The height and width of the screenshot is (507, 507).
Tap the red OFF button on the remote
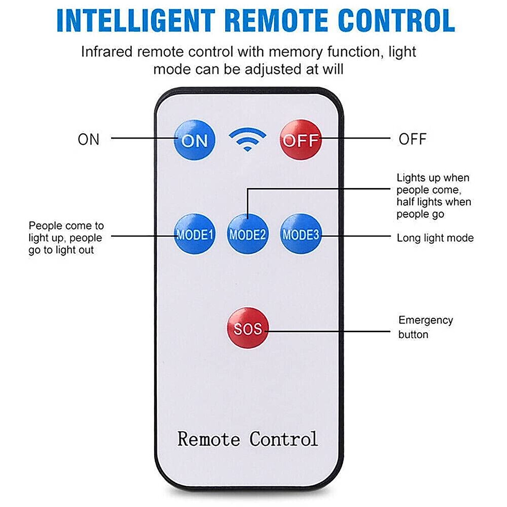pos(301,140)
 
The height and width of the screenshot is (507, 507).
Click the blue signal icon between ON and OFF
pos(247,139)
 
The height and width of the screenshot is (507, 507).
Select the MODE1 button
pos(195,234)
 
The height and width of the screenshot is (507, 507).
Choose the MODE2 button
pos(248,234)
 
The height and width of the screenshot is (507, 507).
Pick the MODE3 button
pos(301,234)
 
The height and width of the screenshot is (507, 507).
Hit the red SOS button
pos(248,328)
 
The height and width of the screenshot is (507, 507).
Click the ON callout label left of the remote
pos(88,139)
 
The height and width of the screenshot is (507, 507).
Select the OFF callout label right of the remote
pos(412,139)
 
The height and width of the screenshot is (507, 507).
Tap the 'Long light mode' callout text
pos(435,238)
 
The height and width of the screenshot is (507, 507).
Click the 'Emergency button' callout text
pos(425,327)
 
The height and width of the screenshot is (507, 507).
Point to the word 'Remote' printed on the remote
pos(208,439)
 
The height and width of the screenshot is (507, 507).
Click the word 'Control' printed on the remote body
pos(283,439)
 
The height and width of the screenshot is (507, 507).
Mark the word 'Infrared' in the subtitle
pos(107,52)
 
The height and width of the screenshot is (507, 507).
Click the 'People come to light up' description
pos(65,237)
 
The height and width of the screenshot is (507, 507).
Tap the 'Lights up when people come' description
pos(433,196)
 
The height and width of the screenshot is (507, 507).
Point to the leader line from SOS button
pos(330,331)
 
